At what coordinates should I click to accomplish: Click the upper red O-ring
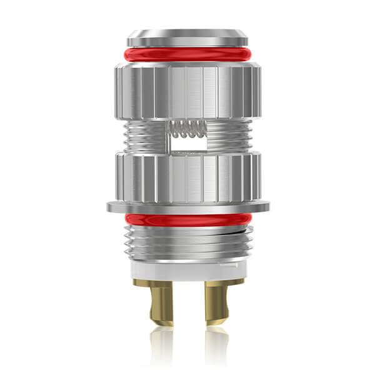click(x=187, y=54)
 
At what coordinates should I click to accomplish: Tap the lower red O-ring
click(x=187, y=219)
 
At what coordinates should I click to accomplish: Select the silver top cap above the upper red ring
click(x=187, y=37)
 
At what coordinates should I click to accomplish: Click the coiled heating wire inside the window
click(x=187, y=129)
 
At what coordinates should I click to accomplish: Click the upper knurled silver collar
click(x=187, y=91)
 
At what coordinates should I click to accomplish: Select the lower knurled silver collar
click(x=187, y=178)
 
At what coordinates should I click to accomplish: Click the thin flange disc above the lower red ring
click(x=187, y=206)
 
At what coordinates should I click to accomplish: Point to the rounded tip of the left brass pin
click(x=162, y=322)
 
